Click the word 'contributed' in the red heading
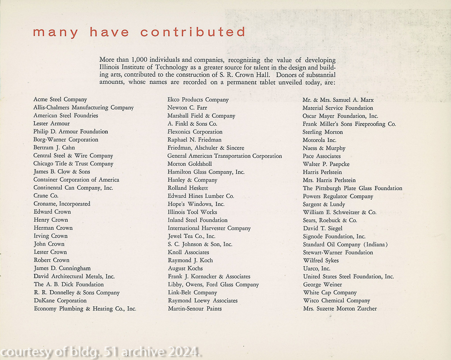pos(193,32)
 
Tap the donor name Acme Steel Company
pos(60,100)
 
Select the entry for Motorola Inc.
pos(319,140)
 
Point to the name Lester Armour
pos(51,123)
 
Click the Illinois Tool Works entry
pos(192,212)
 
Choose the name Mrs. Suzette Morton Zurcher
pos(340,309)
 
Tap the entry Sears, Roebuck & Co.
pos(330,220)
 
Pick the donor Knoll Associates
pos(188,252)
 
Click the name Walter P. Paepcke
pos(326,164)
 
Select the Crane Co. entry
pos(46,196)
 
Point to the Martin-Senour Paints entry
pos(195,309)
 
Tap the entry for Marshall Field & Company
pos(201,116)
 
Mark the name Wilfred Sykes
pos(321,260)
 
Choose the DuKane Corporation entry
pos(60,301)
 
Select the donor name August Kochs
pos(185,269)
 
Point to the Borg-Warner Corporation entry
pos(66,140)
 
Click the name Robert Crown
pos(51,260)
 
